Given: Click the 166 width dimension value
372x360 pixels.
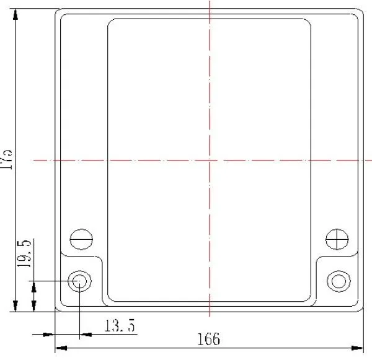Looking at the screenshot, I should (209, 339).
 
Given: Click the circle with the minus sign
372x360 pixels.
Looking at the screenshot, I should (81, 238).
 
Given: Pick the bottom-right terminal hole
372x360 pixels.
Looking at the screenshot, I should (339, 280).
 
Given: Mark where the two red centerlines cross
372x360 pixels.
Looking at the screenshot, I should (210, 160).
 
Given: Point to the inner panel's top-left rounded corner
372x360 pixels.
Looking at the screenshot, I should (112, 22).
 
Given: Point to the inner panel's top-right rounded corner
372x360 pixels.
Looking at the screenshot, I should (308, 22).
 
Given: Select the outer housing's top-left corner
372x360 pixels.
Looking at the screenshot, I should (58, 11).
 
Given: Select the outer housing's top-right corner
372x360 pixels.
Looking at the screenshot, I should (361, 11).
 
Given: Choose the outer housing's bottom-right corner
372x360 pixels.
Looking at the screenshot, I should (361, 309).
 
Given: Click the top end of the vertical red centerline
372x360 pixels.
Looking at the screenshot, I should (210, 2).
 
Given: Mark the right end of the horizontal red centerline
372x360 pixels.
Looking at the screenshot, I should (370, 160).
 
